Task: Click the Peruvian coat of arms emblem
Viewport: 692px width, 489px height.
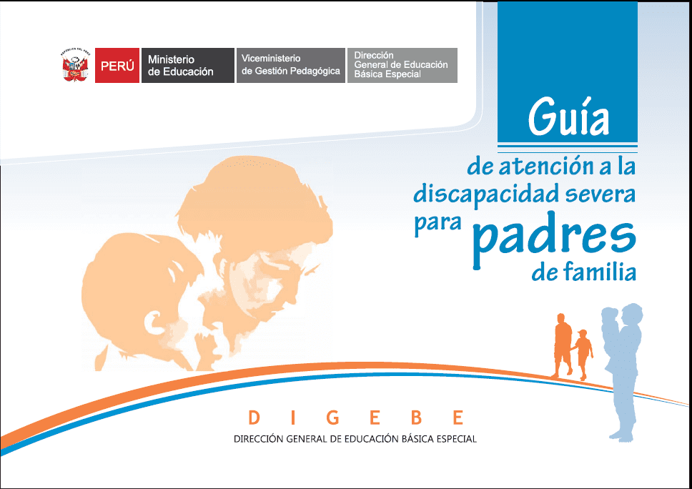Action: [75, 66]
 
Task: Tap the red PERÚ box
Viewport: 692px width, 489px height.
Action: [117, 66]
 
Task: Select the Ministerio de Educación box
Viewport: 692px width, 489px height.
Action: [187, 66]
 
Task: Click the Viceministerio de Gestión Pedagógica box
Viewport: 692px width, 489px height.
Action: [290, 66]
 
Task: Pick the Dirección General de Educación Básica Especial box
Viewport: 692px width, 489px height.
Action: [402, 66]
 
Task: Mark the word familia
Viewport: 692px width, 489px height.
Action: [599, 273]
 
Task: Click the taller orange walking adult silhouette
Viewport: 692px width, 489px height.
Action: [563, 344]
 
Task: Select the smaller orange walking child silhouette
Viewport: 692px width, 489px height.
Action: [583, 354]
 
